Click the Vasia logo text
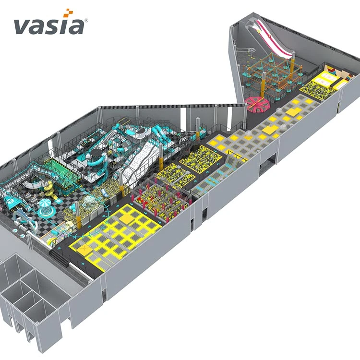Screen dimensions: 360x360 [x=48, y=26]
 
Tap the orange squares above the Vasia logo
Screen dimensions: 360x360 [x=68, y=13]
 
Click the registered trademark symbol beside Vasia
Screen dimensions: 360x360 [x=86, y=20]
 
